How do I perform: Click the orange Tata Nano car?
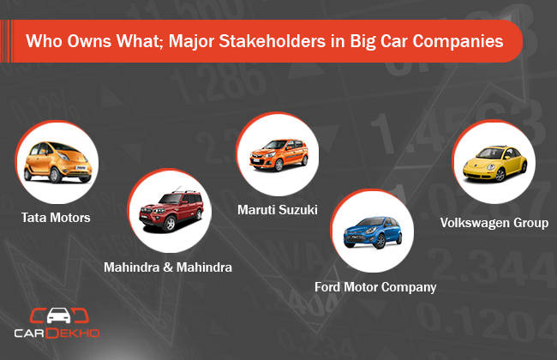point(58,162)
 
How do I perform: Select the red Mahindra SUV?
point(171,211)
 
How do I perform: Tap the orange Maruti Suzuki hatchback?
point(278,155)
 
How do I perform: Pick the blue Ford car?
point(373,232)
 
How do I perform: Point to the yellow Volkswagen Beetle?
point(494,164)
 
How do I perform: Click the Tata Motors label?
point(56,218)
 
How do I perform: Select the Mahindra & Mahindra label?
point(168,267)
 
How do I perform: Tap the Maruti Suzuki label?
point(278,210)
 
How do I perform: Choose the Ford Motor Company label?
point(375,287)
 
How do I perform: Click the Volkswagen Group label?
point(494,223)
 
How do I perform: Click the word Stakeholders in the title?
point(272,41)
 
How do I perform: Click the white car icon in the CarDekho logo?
point(58,315)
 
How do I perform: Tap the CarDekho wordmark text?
point(57,333)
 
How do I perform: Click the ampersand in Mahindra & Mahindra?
point(168,267)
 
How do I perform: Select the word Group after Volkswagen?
point(531,223)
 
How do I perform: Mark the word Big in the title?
point(362,42)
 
